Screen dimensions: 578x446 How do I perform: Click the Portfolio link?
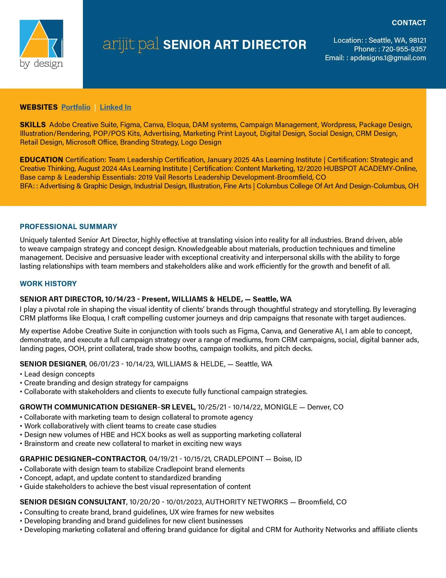click(x=76, y=107)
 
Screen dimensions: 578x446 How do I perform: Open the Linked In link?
click(x=115, y=107)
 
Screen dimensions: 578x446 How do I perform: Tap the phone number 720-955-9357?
click(x=404, y=49)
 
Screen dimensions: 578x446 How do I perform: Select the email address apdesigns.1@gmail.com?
click(x=388, y=58)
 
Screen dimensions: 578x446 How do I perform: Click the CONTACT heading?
click(x=409, y=23)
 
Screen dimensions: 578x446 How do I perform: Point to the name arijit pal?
click(x=131, y=44)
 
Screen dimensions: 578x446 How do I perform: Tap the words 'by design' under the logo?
click(x=41, y=64)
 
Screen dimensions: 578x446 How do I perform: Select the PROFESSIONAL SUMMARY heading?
click(x=69, y=227)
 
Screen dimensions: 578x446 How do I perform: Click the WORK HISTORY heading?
click(x=48, y=284)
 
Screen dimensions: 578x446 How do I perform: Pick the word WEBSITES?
click(x=38, y=107)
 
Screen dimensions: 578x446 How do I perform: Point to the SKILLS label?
click(x=33, y=125)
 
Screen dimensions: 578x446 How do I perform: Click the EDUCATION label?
click(x=41, y=160)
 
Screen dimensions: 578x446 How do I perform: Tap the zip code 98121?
click(x=417, y=40)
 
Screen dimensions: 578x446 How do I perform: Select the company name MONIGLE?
click(x=281, y=407)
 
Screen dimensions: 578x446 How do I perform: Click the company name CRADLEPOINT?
click(x=239, y=459)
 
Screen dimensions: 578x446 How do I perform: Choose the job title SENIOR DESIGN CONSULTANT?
click(x=73, y=502)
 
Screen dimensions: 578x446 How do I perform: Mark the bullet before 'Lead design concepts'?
click(x=21, y=374)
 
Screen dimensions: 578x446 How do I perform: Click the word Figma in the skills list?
click(x=130, y=125)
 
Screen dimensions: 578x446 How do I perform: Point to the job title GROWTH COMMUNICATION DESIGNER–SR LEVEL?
click(x=107, y=407)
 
